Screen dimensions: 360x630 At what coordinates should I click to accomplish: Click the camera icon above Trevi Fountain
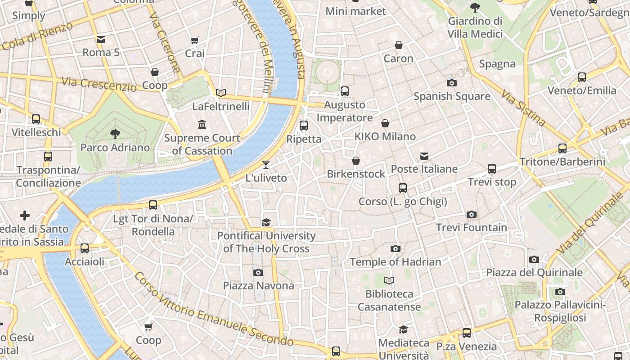[471, 214]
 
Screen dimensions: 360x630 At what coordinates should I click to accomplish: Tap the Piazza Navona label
[258, 286]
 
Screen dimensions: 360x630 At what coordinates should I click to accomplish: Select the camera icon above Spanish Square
[451, 83]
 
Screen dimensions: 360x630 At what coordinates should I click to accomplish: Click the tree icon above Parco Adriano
[115, 134]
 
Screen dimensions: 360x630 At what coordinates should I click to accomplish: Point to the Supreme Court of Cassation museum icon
[202, 124]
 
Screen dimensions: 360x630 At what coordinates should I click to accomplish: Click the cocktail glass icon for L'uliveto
[266, 165]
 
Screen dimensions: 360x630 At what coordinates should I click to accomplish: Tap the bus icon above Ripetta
[304, 126]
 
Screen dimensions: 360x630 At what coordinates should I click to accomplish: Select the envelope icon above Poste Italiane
[424, 156]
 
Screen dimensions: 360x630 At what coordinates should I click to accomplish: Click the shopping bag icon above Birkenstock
[356, 161]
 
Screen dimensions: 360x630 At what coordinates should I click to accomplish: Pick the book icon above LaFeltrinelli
[220, 93]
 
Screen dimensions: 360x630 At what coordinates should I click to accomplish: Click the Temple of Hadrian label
[395, 262]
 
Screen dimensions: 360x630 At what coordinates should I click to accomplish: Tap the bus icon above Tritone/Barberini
[562, 148]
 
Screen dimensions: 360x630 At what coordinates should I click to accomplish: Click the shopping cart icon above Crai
[194, 40]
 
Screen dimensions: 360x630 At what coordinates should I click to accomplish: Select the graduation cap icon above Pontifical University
[266, 223]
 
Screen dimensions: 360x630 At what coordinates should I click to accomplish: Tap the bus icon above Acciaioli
[84, 248]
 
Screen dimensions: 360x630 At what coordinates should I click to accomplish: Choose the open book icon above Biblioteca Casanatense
[389, 281]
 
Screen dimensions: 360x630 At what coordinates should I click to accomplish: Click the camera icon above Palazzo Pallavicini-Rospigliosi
[560, 292]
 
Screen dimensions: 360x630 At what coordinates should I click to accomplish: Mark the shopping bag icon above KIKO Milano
[385, 123]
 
